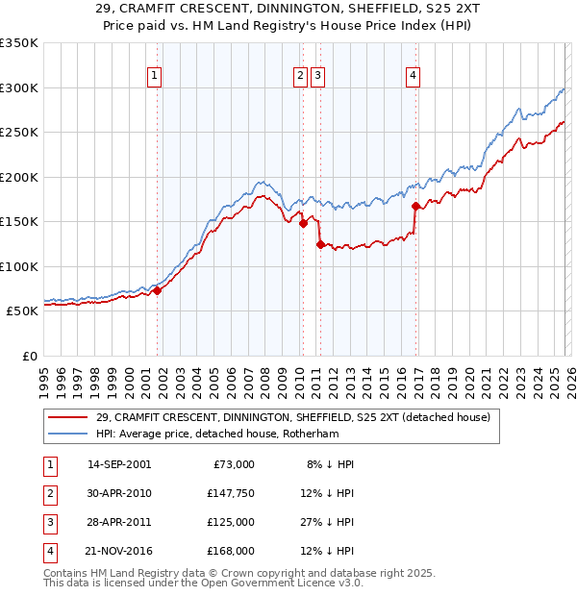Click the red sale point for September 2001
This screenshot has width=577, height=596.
pos(157,291)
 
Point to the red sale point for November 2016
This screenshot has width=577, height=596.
pos(415,206)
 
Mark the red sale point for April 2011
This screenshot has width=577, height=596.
pos(319,244)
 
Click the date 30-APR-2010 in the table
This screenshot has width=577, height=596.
pos(119,493)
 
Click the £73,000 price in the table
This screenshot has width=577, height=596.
pos(235,464)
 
